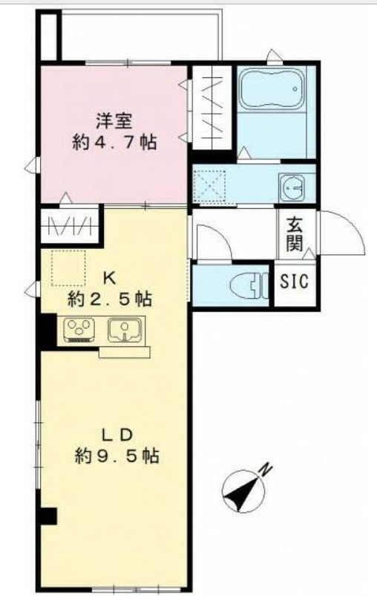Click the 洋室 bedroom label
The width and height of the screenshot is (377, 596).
pyautogui.click(x=114, y=122)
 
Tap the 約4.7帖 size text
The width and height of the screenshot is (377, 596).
pyautogui.click(x=114, y=143)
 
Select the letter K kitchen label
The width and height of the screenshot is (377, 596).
pyautogui.click(x=110, y=279)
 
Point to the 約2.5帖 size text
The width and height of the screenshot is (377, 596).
pyautogui.click(x=110, y=299)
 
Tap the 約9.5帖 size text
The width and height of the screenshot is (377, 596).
pyautogui.click(x=117, y=456)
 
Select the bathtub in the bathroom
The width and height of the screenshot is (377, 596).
pyautogui.click(x=272, y=88)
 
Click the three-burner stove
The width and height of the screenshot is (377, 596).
pyautogui.click(x=79, y=330)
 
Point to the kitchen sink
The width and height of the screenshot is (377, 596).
pyautogui.click(x=125, y=330)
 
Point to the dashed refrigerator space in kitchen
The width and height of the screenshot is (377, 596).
pyautogui.click(x=68, y=268)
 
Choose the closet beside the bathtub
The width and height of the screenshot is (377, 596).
pyautogui.click(x=212, y=108)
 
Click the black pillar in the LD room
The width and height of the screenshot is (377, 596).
pyautogui.click(x=48, y=516)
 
